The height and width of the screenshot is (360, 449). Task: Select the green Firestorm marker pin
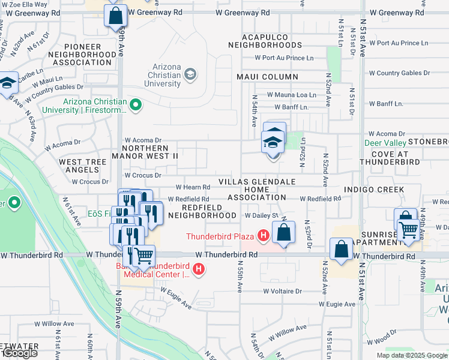(136, 106)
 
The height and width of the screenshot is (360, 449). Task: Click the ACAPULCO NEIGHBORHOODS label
(264, 41)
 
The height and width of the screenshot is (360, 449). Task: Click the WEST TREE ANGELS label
(82, 166)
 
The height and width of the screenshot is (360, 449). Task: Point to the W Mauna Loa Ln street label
(291, 95)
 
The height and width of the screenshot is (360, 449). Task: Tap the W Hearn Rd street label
(193, 187)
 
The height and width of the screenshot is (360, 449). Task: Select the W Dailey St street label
(262, 215)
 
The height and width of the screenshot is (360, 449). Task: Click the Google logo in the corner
(20, 353)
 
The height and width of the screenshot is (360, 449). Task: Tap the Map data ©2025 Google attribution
(412, 355)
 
